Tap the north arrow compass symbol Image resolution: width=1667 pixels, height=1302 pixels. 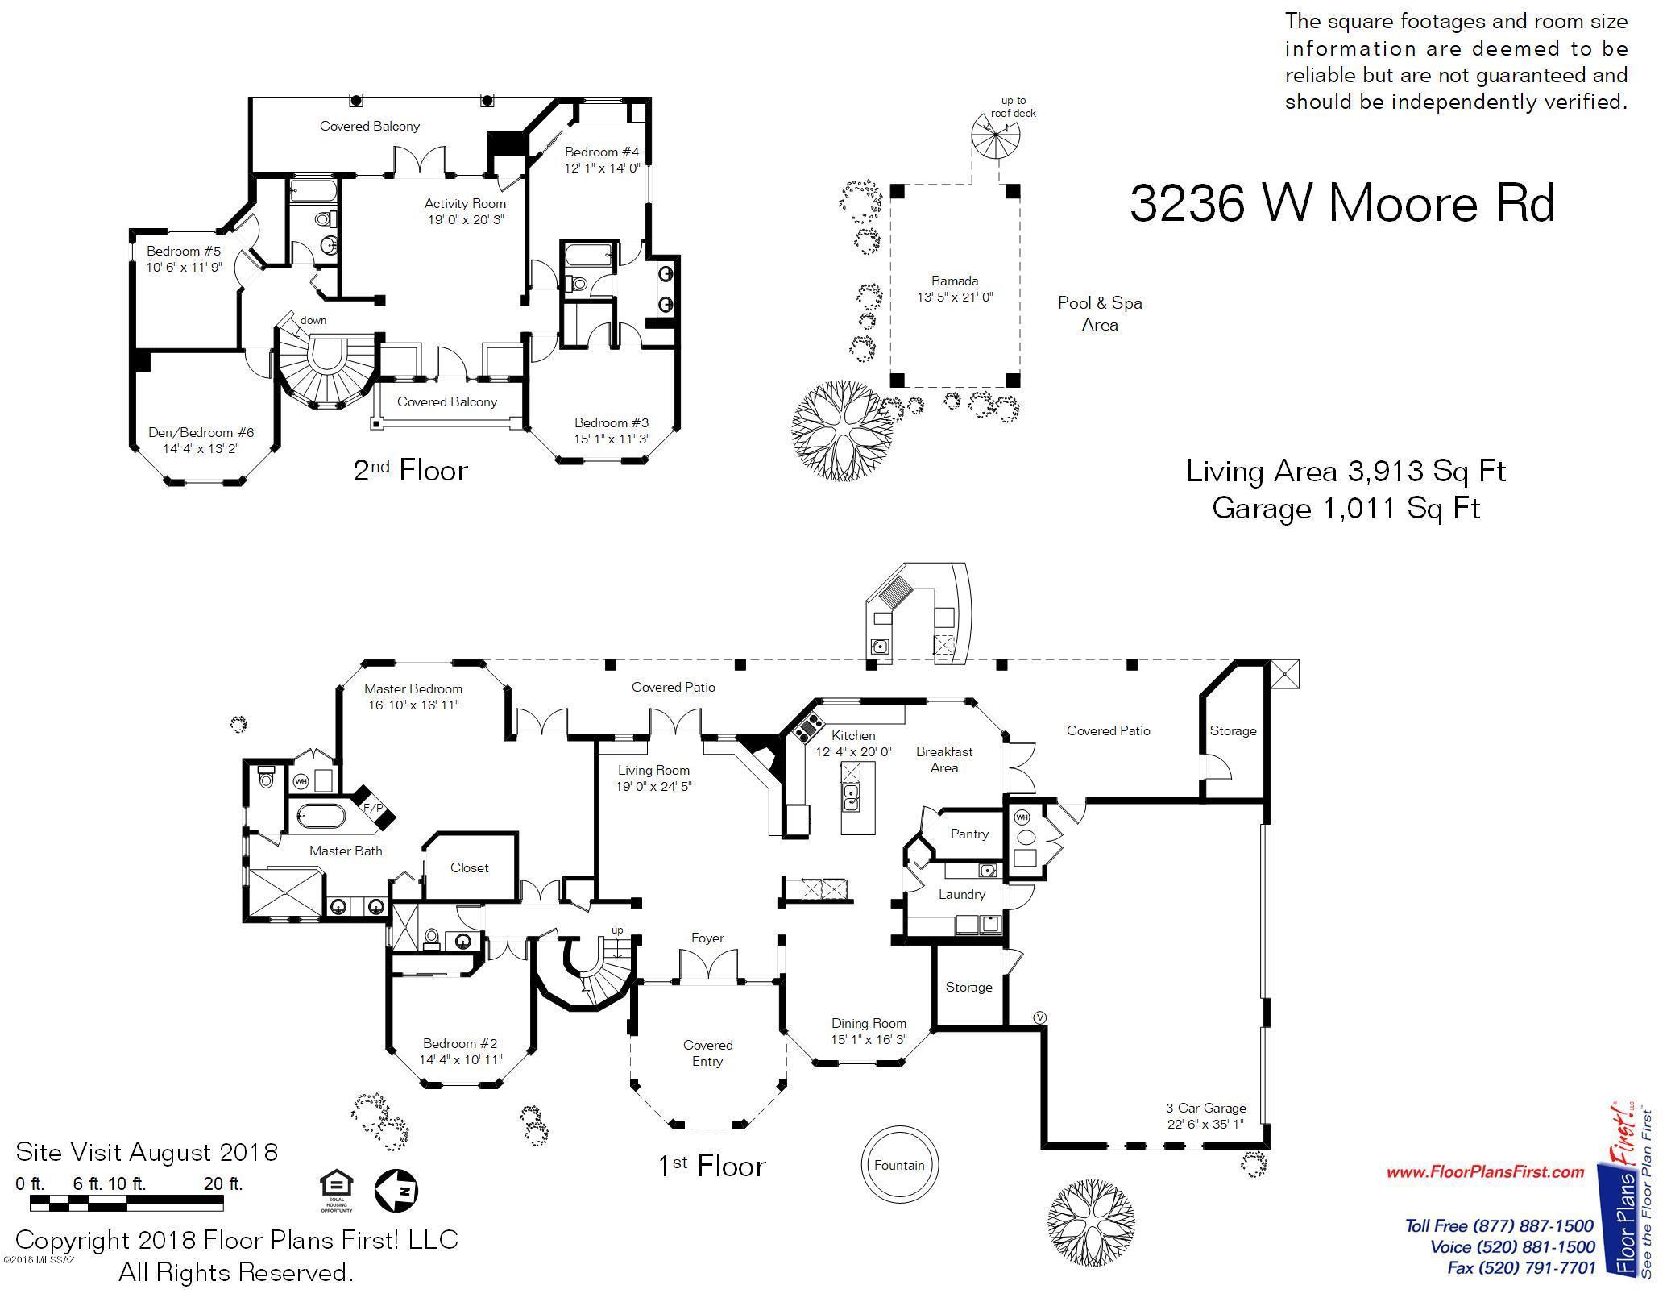pyautogui.click(x=396, y=1190)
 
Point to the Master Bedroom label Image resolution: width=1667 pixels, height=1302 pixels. pyautogui.click(x=413, y=688)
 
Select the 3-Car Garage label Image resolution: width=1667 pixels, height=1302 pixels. pyautogui.click(x=1205, y=1108)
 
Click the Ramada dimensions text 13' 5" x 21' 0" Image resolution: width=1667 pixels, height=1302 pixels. pyautogui.click(x=955, y=297)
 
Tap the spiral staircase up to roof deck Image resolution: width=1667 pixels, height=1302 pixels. pyautogui.click(x=996, y=137)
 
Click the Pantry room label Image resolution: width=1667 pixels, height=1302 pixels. pyautogui.click(x=969, y=834)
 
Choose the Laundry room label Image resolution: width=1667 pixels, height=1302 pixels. pyautogui.click(x=962, y=894)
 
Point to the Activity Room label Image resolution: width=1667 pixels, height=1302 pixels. pyautogui.click(x=465, y=203)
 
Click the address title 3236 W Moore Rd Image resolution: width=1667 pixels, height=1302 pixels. pyautogui.click(x=1342, y=203)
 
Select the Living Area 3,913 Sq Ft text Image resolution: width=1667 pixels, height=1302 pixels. pyautogui.click(x=1346, y=471)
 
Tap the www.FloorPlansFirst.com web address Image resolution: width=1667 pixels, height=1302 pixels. pyautogui.click(x=1486, y=1171)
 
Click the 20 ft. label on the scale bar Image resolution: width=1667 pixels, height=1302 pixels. pyautogui.click(x=223, y=1183)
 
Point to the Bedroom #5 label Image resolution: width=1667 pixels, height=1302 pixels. pyautogui.click(x=184, y=251)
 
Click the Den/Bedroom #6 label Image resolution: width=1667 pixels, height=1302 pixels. pyautogui.click(x=201, y=432)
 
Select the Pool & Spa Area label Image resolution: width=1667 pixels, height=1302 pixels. pyautogui.click(x=1100, y=314)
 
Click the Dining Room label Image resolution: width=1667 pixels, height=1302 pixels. pyautogui.click(x=869, y=1023)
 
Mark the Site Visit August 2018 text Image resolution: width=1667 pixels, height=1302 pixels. pyautogui.click(x=147, y=1152)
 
